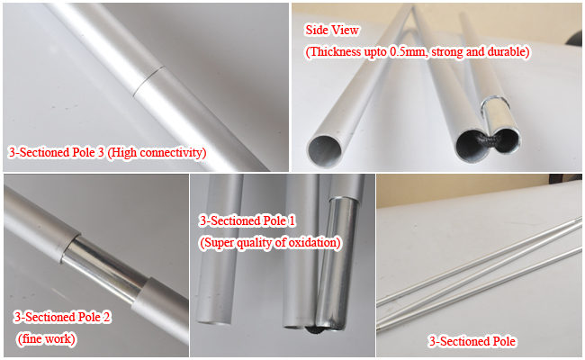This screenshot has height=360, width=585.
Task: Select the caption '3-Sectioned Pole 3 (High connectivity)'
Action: pyautogui.click(x=107, y=153)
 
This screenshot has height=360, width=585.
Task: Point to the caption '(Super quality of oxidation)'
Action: pyautogui.click(x=269, y=242)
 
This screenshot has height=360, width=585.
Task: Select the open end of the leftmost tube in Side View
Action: pyautogui.click(x=326, y=148)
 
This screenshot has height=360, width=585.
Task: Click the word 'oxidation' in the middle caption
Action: pyautogui.click(x=310, y=242)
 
